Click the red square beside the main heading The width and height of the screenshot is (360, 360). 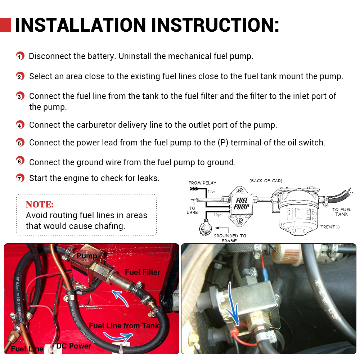[x=5, y=25]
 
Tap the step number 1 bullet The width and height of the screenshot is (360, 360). [x=20, y=57]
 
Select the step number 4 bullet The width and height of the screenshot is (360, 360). [x=20, y=125]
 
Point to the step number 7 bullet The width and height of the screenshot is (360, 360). [x=20, y=178]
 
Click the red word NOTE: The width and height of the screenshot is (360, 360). [x=40, y=204]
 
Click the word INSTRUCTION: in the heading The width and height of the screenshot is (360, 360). [x=215, y=25]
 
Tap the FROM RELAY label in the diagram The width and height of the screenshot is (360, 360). [x=202, y=183]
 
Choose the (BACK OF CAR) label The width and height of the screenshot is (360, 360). [x=266, y=181]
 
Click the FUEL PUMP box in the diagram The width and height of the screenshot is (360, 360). [x=241, y=204]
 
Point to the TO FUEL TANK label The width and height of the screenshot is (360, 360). [x=341, y=212]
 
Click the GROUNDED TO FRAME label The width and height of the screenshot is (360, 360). [x=230, y=238]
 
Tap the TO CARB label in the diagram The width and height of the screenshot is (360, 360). [x=192, y=210]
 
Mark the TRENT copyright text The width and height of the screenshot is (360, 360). [x=330, y=227]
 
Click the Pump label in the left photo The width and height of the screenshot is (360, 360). [x=87, y=256]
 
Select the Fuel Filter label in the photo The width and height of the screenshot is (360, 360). [x=143, y=272]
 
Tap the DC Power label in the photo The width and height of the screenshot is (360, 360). [x=73, y=346]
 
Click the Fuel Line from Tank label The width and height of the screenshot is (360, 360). [x=124, y=326]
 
